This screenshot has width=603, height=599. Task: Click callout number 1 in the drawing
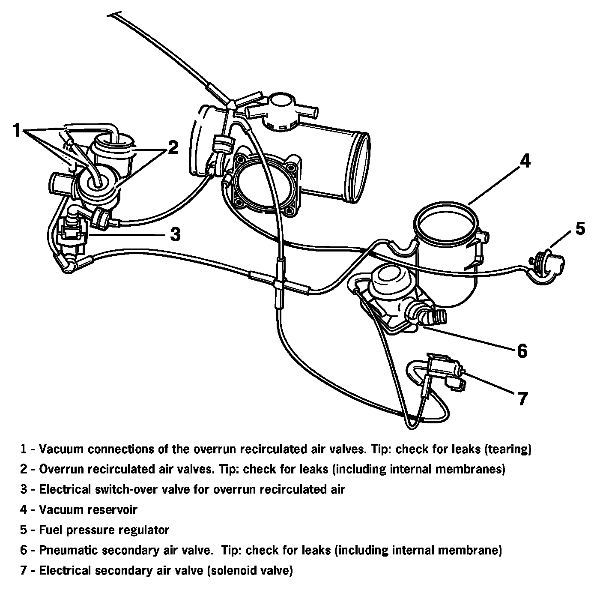pos(16,130)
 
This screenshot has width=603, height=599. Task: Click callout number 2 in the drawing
pos(172,147)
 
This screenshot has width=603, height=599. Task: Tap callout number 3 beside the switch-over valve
pos(175,234)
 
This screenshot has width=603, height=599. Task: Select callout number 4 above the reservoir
pos(525,162)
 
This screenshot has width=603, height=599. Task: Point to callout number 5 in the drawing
pos(580,228)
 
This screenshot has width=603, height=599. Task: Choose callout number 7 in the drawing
pos(523,398)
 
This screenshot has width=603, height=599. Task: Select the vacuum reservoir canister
pos(448,257)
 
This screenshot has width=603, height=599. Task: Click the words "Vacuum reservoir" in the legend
pos(88,509)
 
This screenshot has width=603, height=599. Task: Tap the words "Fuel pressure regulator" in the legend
pos(104,530)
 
